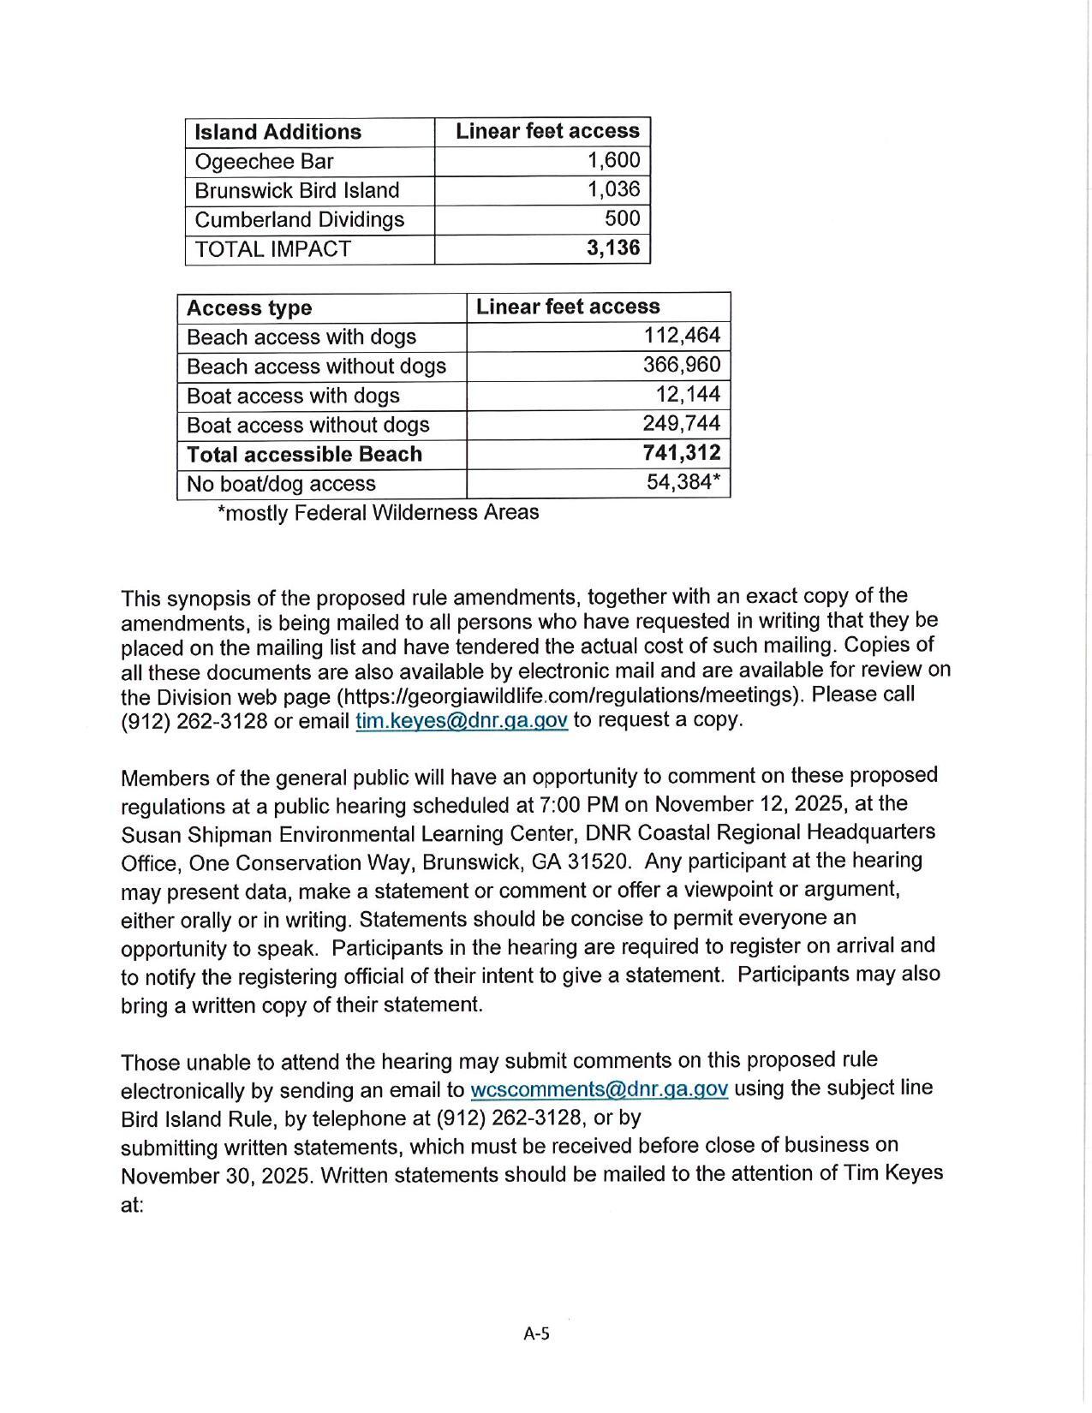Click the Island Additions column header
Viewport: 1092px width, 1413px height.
pyautogui.click(x=277, y=132)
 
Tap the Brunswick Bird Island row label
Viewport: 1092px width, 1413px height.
pyautogui.click(x=296, y=190)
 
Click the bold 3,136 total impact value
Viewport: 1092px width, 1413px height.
pyautogui.click(x=613, y=248)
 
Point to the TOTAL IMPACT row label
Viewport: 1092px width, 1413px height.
pyautogui.click(x=272, y=249)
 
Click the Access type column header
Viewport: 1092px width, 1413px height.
pyautogui.click(x=248, y=308)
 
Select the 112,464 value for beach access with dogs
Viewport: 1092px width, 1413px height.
pyautogui.click(x=682, y=336)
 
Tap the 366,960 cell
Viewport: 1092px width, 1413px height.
pyautogui.click(x=682, y=366)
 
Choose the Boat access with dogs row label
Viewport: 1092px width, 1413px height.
pyautogui.click(x=293, y=396)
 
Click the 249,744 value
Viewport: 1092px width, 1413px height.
pyautogui.click(x=682, y=424)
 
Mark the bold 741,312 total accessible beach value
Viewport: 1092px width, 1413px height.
pyautogui.click(x=682, y=453)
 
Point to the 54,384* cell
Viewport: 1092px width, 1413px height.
pyautogui.click(x=683, y=482)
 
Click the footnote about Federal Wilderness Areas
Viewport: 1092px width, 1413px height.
pyautogui.click(x=378, y=513)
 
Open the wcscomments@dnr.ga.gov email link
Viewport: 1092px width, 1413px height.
pyautogui.click(x=599, y=1089)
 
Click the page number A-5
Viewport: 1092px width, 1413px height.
pyautogui.click(x=536, y=1333)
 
